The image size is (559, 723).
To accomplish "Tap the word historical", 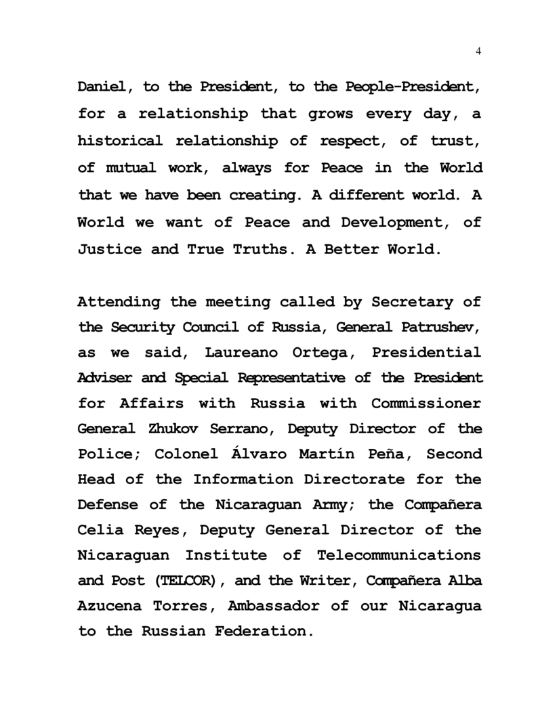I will [x=121, y=142].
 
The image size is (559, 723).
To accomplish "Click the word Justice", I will [x=110, y=249].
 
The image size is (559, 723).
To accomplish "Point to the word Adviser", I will [x=106, y=378].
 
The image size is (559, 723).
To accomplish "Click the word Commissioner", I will [x=426, y=403].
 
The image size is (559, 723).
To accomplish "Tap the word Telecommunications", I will [x=399, y=556].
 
